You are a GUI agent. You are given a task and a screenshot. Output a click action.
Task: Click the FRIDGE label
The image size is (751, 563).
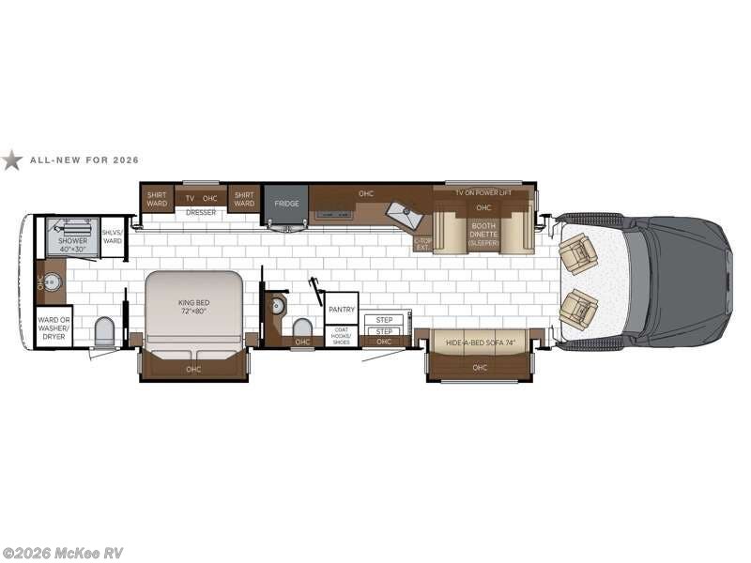coord(285,203)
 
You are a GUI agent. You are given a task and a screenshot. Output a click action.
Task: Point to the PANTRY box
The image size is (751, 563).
coord(341,308)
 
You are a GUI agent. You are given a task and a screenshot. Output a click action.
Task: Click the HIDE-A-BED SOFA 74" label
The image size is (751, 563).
coord(480,344)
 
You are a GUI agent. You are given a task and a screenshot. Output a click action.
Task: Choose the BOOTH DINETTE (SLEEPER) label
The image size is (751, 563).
coord(484,232)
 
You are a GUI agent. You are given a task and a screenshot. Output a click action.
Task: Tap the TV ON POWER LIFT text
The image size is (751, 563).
coord(483,192)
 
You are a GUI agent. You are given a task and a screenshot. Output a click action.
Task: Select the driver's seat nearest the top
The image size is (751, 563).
coord(578,253)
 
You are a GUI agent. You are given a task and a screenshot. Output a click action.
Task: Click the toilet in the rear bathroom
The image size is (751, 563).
coord(104,331)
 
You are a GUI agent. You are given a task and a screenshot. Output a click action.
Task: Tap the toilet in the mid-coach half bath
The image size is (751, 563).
coord(302,327)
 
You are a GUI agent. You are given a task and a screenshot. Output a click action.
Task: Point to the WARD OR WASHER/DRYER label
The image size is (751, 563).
coord(54,327)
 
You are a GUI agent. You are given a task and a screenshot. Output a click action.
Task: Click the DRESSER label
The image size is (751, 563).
coord(201,213)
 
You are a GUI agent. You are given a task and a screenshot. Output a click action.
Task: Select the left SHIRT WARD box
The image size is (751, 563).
coord(157,199)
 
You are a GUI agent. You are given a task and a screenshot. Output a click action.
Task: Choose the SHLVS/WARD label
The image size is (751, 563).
coord(113,237)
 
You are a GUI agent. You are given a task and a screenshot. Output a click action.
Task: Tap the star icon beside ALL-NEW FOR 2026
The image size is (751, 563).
coord(11,160)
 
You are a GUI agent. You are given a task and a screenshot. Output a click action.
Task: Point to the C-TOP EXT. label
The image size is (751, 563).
coord(422,242)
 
